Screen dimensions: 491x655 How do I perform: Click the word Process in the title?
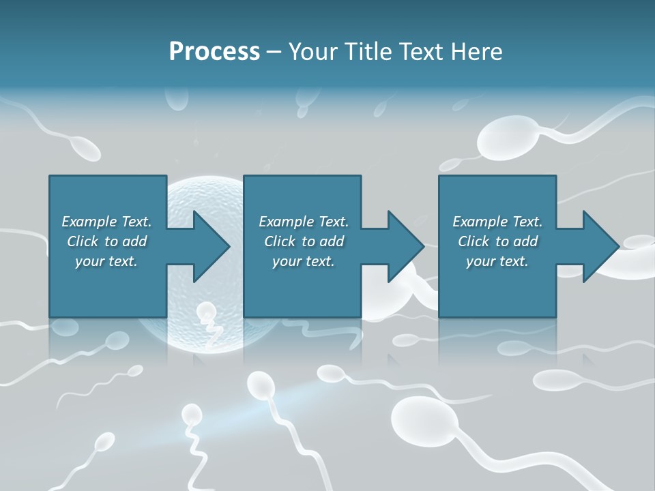(214, 51)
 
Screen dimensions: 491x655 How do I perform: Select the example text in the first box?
(106, 241)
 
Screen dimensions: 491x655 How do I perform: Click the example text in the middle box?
(303, 241)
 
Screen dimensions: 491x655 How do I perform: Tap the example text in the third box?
(497, 241)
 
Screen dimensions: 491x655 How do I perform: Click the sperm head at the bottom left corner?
(104, 442)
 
